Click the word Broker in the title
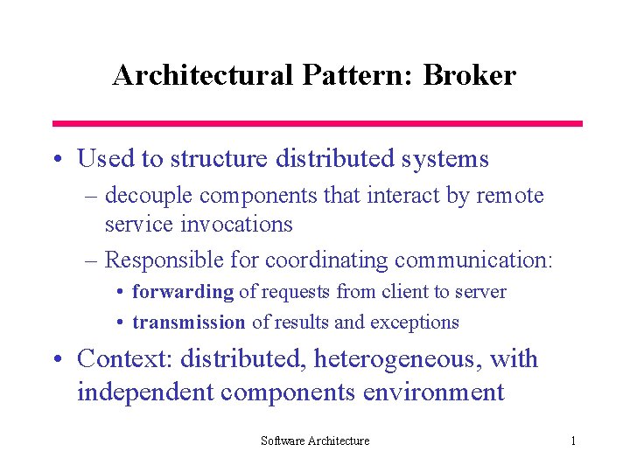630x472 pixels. point(470,75)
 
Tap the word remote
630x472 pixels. point(510,196)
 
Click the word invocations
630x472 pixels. point(236,224)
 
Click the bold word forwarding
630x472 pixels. point(183,292)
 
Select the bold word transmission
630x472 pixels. point(189,322)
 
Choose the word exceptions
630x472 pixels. point(415,322)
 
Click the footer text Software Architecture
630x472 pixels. point(315,441)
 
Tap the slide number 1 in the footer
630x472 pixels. point(573,441)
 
